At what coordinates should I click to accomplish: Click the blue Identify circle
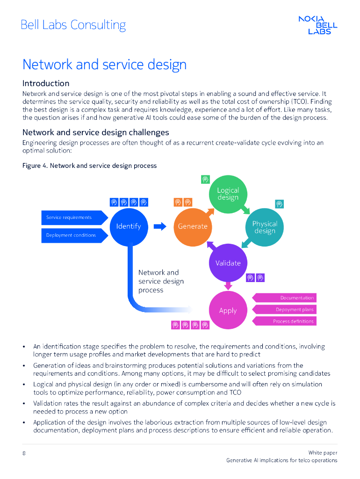point(128,226)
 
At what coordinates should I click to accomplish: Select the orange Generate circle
point(193,226)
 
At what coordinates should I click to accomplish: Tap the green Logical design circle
point(228,194)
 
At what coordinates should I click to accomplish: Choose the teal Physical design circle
point(265,227)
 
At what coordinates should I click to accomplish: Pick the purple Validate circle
point(228,263)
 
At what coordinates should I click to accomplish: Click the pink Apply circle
point(228,311)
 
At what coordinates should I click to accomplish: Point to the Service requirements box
point(70,218)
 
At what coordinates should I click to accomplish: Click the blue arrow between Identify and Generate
point(160,226)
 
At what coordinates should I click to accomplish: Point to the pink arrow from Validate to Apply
point(228,284)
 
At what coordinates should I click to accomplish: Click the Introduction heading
point(46,83)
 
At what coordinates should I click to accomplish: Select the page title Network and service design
point(104,65)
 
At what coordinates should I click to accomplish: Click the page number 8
point(24,453)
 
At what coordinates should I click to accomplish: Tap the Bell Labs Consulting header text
point(73,25)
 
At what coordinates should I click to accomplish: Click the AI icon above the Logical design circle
point(205,179)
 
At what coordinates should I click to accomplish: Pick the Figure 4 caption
point(89,166)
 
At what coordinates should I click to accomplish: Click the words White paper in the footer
point(323,452)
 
